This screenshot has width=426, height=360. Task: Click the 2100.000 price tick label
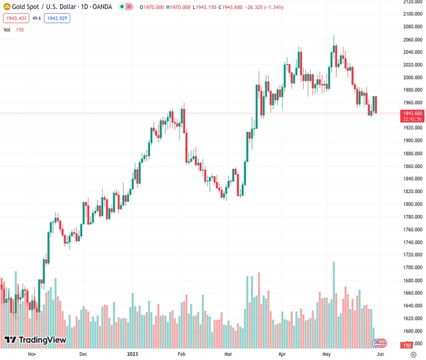click(x=412, y=14)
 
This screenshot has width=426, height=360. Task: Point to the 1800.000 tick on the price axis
click(x=412, y=204)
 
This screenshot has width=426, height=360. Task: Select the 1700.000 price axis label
click(x=412, y=268)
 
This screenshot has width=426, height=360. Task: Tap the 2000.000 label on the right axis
click(x=412, y=77)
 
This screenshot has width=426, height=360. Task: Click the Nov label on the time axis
click(x=32, y=354)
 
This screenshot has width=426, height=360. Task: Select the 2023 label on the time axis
click(x=133, y=354)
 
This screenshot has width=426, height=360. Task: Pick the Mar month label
click(x=228, y=354)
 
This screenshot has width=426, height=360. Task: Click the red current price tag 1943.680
click(x=413, y=113)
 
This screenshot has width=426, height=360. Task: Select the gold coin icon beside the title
click(x=7, y=7)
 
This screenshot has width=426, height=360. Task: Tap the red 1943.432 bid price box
click(x=15, y=18)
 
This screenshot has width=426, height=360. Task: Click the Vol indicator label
click(x=7, y=29)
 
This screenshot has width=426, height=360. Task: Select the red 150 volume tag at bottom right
click(x=406, y=346)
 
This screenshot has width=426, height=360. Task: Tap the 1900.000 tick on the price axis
click(x=412, y=140)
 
